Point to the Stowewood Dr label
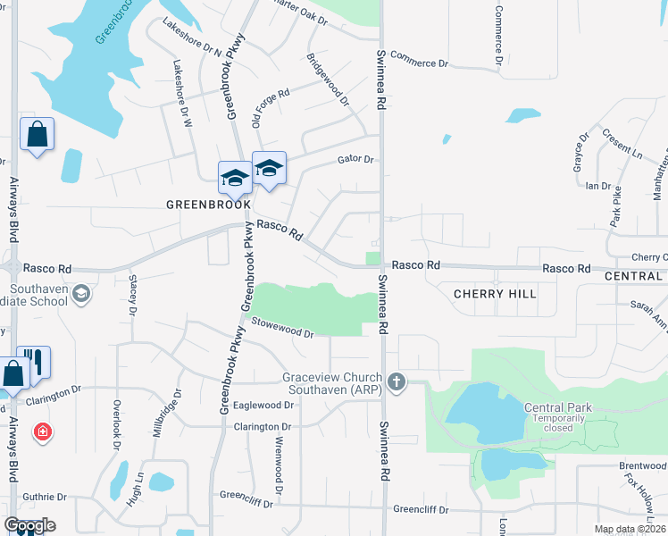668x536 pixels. [x=283, y=328]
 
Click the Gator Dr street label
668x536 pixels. [x=355, y=159]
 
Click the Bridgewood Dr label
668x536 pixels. [x=328, y=80]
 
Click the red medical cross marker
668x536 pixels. [x=41, y=433]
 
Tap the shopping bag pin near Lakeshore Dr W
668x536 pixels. [x=38, y=136]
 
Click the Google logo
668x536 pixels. [x=29, y=525]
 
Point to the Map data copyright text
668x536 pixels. [x=630, y=530]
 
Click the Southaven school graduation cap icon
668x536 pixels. [x=80, y=294]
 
